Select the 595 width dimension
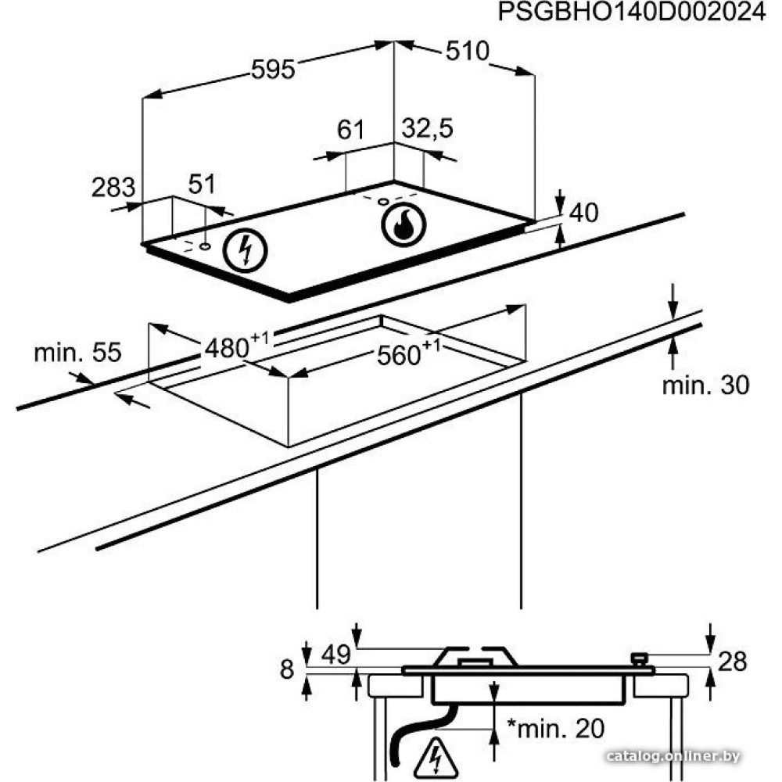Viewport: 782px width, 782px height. [x=273, y=70]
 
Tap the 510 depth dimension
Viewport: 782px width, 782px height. [x=467, y=52]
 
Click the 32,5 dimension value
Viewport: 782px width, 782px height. [x=427, y=129]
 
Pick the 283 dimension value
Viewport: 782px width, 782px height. [x=113, y=188]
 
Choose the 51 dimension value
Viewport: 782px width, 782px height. [x=201, y=185]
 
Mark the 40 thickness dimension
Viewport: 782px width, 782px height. [x=584, y=212]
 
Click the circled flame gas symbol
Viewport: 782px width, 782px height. [x=404, y=224]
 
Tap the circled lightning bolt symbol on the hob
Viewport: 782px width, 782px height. [x=245, y=250]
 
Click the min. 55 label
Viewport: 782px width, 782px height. [x=77, y=353]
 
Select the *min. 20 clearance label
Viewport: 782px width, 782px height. [x=555, y=729]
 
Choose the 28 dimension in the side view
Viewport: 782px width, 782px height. [x=732, y=662]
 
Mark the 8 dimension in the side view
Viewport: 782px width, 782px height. [x=288, y=669]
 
